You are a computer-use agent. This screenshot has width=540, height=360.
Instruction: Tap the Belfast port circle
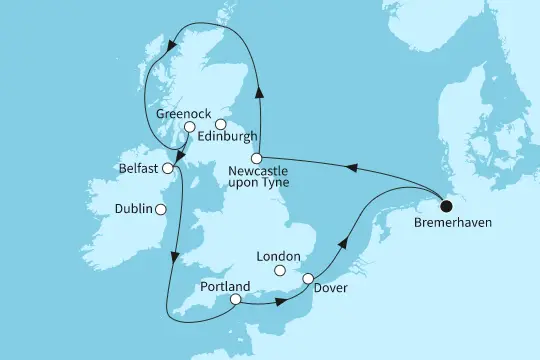[167, 170]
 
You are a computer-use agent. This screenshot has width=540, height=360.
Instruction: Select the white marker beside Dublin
[161, 210]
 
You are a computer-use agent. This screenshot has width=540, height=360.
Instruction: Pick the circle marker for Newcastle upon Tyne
[257, 158]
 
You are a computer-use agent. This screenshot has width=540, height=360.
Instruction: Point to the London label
[279, 255]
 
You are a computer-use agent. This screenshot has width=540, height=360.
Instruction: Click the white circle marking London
[280, 271]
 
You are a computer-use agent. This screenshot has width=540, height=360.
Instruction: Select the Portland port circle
[234, 298]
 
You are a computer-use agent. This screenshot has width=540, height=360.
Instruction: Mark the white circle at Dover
[308, 279]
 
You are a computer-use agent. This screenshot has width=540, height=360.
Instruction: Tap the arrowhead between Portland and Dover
[271, 300]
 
